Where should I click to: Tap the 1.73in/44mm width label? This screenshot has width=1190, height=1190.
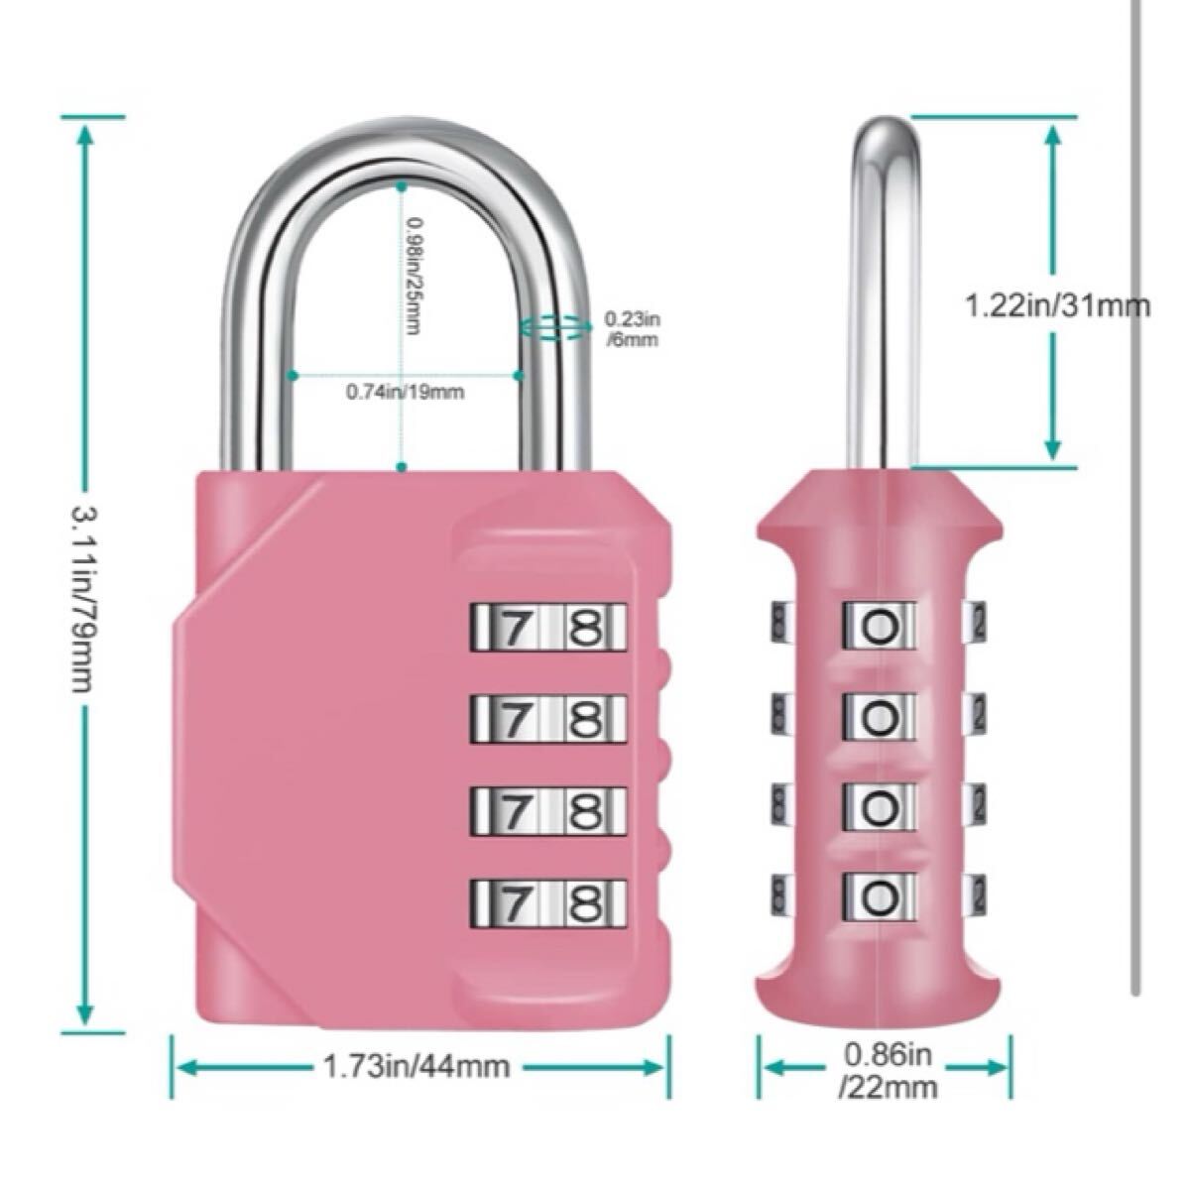tap(416, 1066)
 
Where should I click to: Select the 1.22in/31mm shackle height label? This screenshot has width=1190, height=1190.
tap(1057, 305)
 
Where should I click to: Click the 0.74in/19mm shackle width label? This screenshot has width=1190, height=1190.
tap(406, 391)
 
